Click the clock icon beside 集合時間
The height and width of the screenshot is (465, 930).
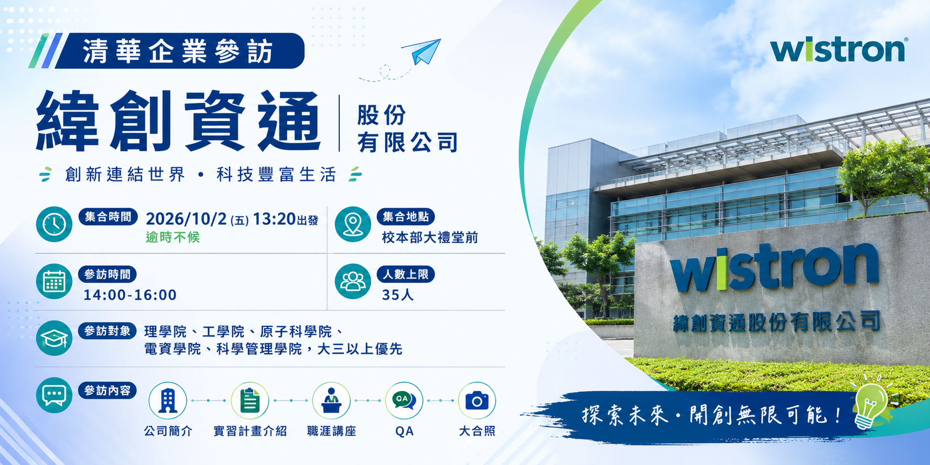[54, 224]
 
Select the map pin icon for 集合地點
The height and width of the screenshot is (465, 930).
[353, 224]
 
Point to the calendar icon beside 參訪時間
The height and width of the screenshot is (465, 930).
[54, 282]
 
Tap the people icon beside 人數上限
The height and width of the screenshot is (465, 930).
[353, 282]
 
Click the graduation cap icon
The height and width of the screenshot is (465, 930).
[54, 338]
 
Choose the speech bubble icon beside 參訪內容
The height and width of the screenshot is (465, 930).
[54, 395]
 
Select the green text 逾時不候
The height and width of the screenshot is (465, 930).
[173, 237]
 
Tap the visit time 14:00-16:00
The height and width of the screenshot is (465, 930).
[130, 295]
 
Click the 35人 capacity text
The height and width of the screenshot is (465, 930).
[398, 295]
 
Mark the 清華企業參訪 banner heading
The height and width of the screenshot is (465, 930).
[178, 51]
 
